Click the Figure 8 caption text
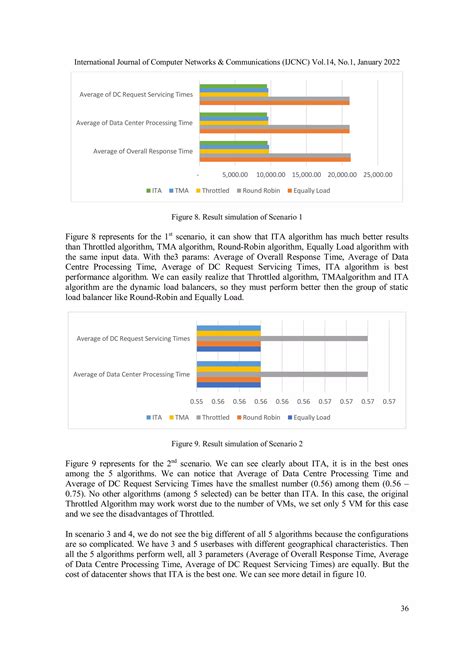(x=237, y=216)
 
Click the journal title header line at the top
(x=237, y=62)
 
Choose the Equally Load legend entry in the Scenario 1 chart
(x=314, y=189)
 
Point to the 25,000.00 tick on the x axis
(x=376, y=174)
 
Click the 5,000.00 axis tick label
(x=235, y=174)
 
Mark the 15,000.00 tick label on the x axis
(x=306, y=174)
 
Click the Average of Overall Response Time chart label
(x=142, y=151)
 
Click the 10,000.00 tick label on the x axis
(x=270, y=174)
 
